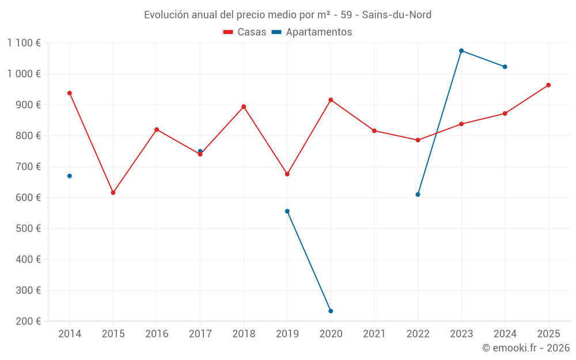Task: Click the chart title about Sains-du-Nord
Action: point(287,14)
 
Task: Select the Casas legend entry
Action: point(245,32)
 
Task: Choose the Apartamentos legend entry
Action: point(312,32)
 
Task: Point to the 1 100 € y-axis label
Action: point(24,43)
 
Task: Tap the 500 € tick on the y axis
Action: point(29,229)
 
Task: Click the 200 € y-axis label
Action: point(29,321)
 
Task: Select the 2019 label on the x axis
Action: point(287,334)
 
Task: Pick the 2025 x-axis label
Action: point(548,334)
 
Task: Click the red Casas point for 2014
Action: point(70,93)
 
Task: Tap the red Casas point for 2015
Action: point(113,192)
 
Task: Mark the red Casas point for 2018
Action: point(244,107)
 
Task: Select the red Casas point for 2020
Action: point(331,100)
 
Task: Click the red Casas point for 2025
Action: point(548,85)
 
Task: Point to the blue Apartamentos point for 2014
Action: point(70,176)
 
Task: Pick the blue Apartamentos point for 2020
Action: point(331,311)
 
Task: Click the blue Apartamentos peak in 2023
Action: point(461,51)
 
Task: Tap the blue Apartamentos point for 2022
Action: point(418,194)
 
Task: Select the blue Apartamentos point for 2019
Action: point(287,211)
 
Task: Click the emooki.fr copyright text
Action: point(525,348)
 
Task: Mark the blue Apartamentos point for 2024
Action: point(505,67)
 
